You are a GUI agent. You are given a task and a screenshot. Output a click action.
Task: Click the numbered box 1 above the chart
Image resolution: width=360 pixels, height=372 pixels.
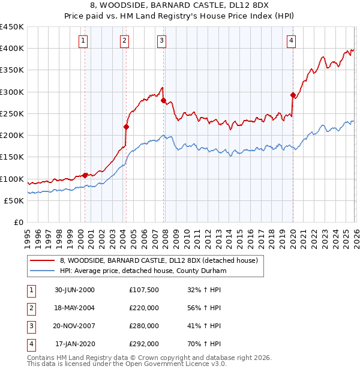tap(83, 41)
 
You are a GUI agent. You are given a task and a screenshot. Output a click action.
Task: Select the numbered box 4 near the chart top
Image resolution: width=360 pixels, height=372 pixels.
tap(291, 41)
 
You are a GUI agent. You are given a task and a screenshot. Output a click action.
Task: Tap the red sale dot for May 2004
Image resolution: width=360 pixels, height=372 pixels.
tap(126, 127)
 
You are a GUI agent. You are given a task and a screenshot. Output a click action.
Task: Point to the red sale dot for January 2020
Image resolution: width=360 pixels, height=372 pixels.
tap(293, 95)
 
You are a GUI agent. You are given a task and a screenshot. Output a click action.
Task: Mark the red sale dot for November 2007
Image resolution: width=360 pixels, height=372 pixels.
tap(163, 101)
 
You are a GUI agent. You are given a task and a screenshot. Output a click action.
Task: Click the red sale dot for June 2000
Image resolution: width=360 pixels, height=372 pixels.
tap(85, 175)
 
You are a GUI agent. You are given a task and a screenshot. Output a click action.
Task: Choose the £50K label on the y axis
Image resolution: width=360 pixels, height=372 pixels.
tap(14, 200)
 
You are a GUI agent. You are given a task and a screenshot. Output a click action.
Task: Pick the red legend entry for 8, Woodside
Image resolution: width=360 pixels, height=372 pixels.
tap(158, 260)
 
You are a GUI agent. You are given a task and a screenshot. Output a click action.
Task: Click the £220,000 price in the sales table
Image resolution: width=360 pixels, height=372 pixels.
tap(144, 308)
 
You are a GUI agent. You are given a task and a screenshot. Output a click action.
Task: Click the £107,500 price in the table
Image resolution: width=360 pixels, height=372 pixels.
tap(144, 290)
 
